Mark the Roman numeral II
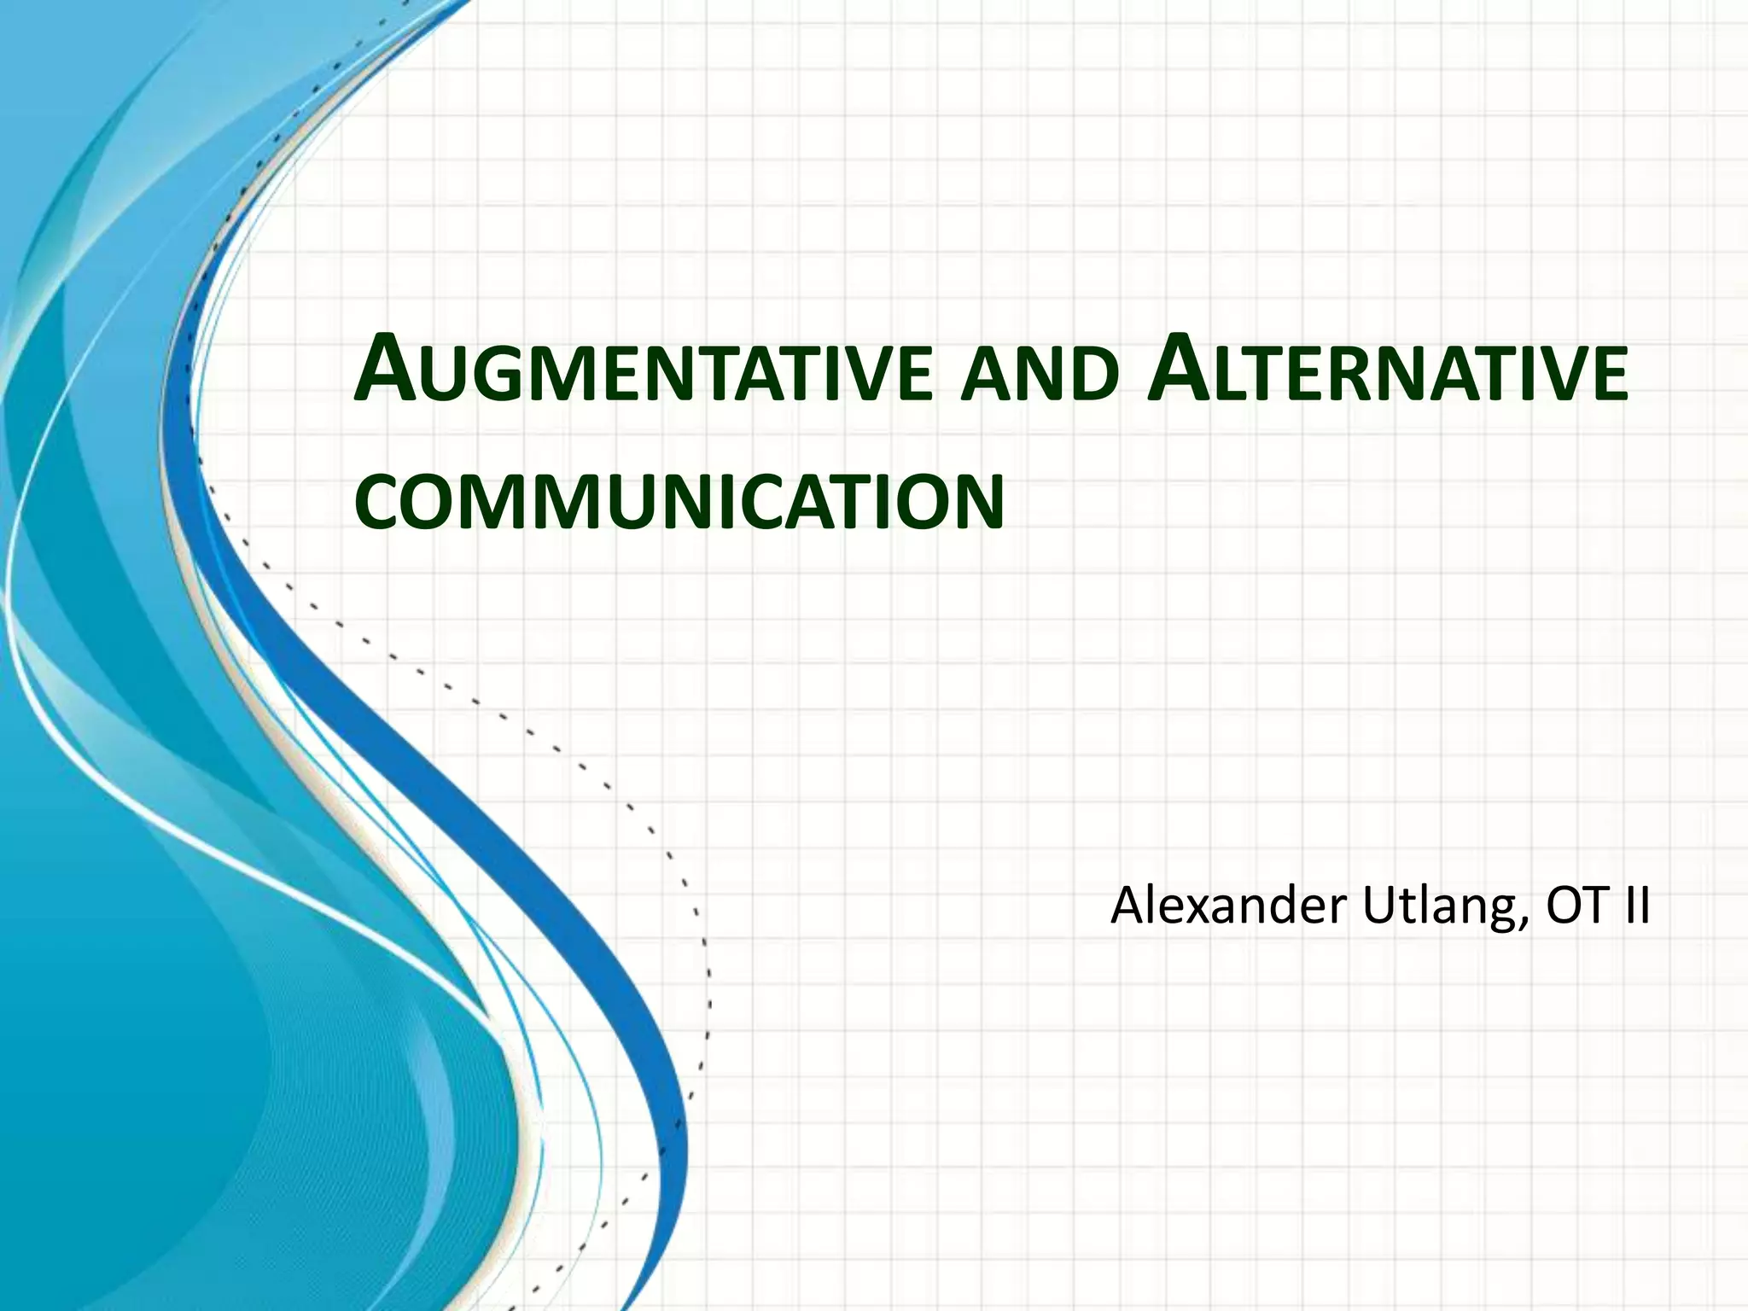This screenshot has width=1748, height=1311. pyautogui.click(x=1637, y=906)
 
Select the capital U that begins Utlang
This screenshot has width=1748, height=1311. pyautogui.click(x=1381, y=906)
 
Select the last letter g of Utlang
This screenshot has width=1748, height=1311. pyautogui.click(x=1502, y=913)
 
